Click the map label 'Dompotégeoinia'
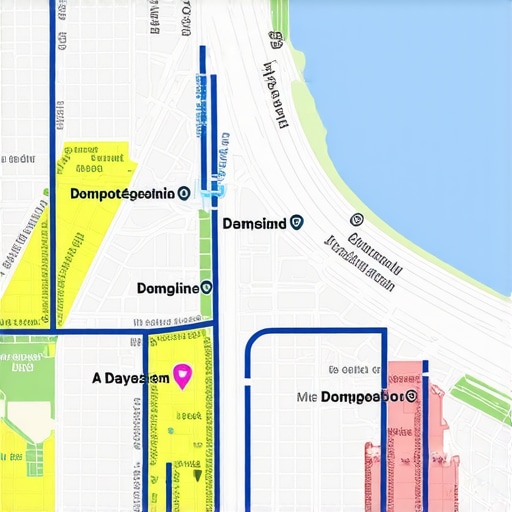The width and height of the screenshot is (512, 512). (122, 194)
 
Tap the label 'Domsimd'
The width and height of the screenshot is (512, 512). (254, 224)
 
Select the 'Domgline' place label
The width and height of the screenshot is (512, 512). (167, 288)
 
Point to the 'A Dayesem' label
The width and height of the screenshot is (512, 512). (130, 378)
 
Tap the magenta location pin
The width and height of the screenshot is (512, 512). (182, 376)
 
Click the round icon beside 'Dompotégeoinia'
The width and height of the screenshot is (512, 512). (183, 194)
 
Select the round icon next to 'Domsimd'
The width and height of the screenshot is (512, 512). (296, 224)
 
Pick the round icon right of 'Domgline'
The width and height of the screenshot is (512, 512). (206, 288)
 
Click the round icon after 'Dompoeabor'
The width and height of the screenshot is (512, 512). (411, 396)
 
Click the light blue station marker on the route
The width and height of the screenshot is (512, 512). (212, 196)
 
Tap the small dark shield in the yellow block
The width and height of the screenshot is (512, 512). (196, 473)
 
